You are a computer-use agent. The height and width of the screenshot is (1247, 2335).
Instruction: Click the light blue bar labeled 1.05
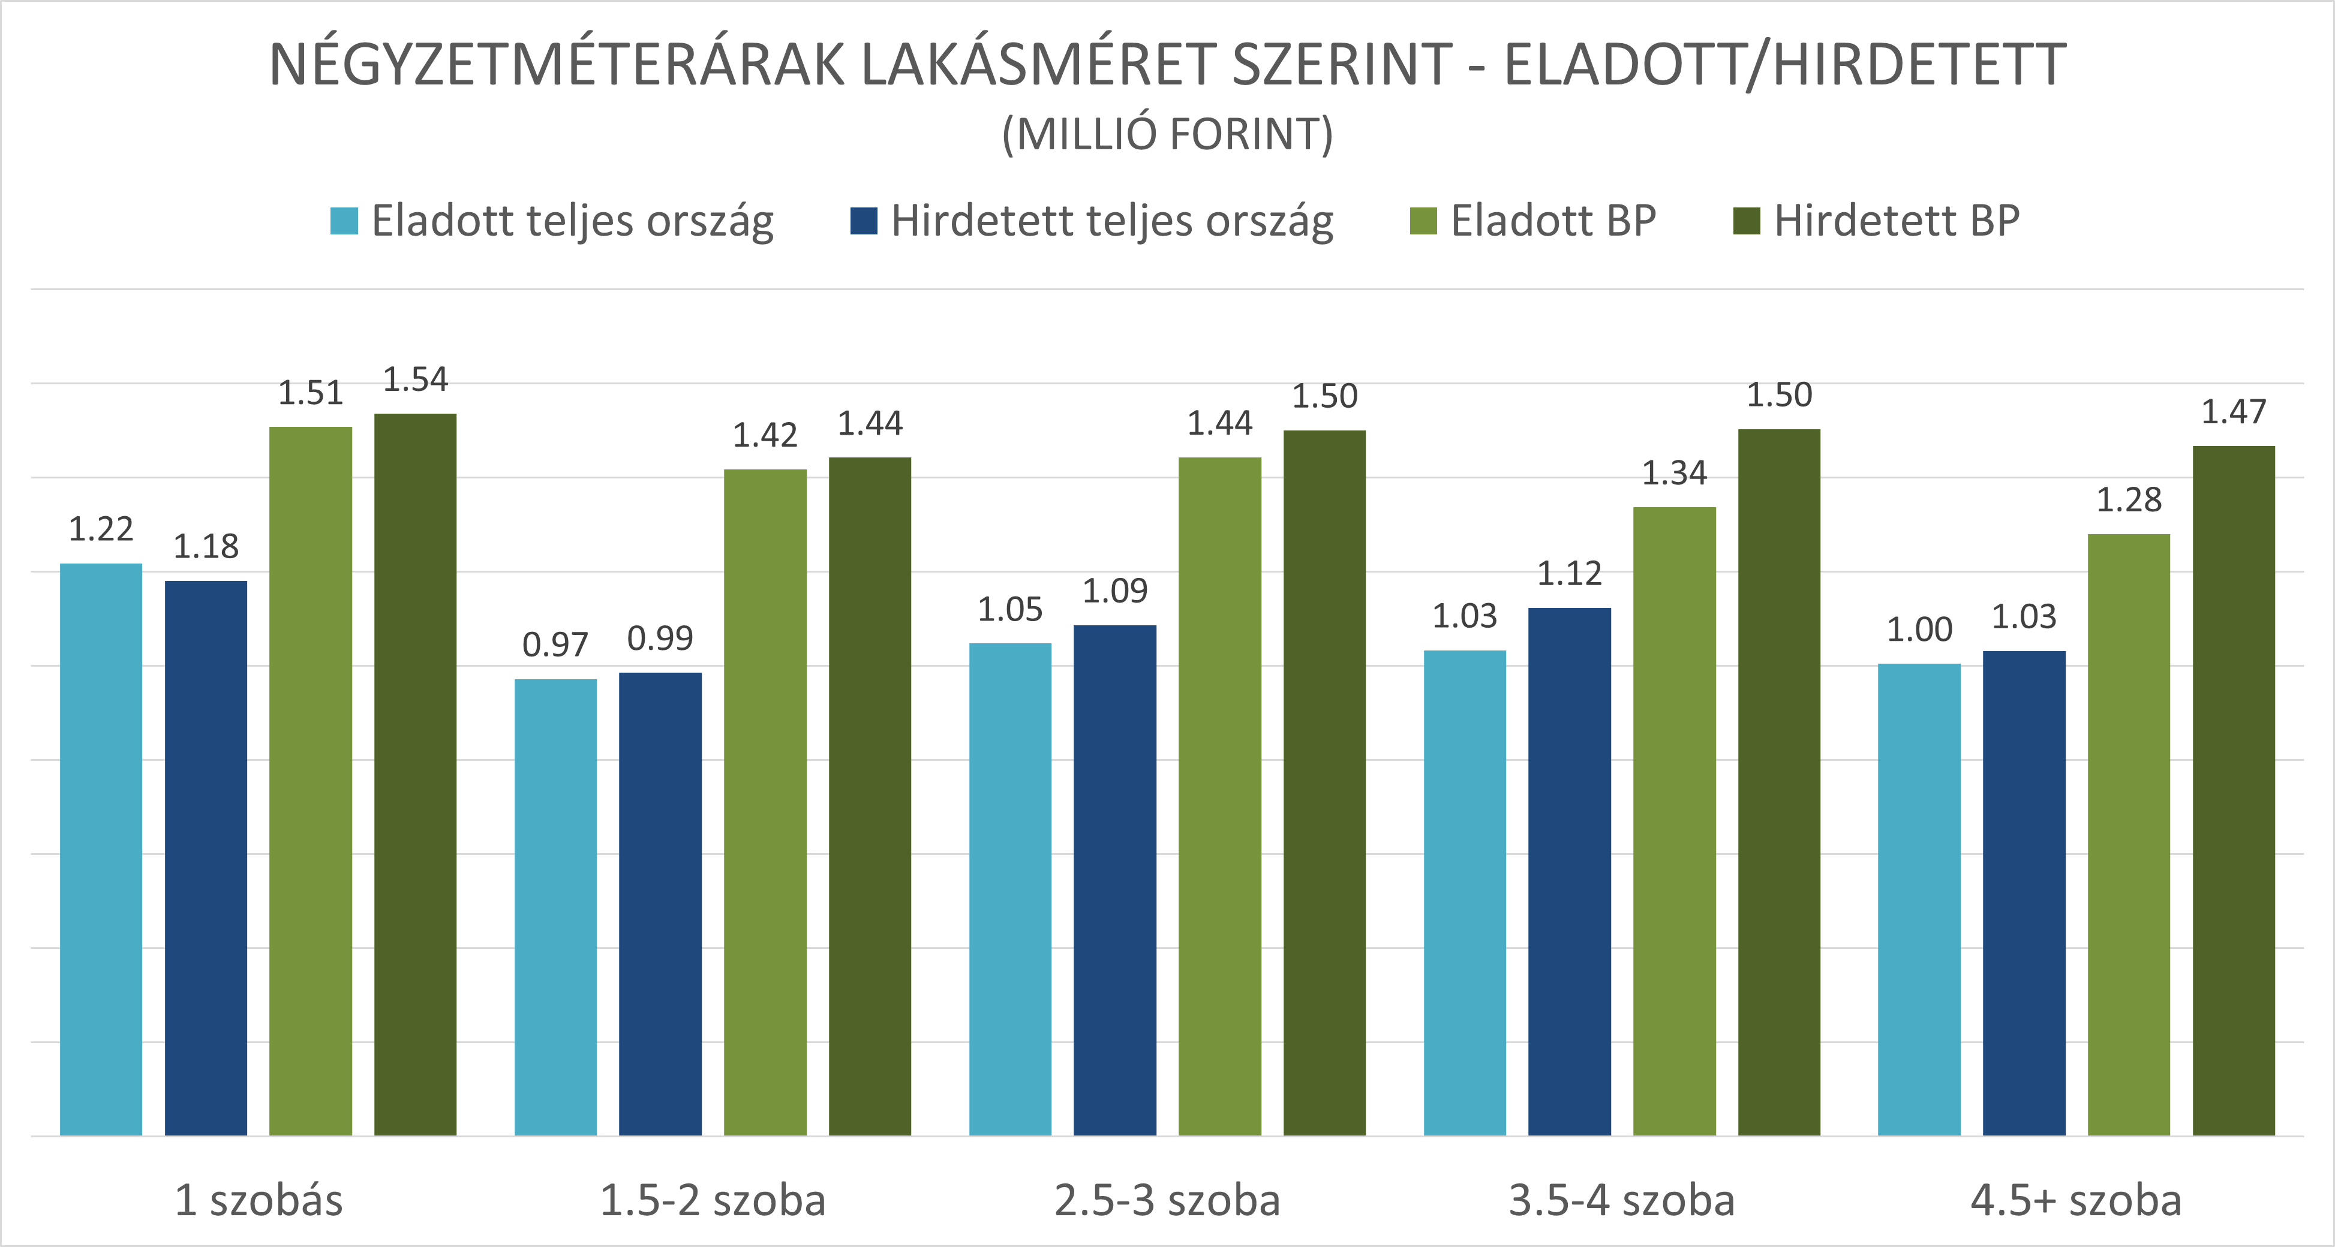pyautogui.click(x=1010, y=888)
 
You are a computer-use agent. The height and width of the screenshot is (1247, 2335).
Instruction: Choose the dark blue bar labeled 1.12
pyautogui.click(x=1569, y=870)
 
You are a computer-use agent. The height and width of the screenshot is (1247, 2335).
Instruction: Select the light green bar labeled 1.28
pyautogui.click(x=2128, y=834)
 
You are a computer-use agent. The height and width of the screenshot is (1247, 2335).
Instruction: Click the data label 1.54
pyautogui.click(x=415, y=379)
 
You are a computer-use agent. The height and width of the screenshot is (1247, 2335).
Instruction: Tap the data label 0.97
pyautogui.click(x=555, y=645)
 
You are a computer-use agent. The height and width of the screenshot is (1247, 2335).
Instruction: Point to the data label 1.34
pyautogui.click(x=1674, y=473)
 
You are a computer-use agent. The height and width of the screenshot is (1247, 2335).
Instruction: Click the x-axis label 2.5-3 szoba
pyautogui.click(x=1167, y=1201)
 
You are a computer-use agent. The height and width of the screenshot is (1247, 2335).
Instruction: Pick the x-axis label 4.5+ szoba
pyautogui.click(x=2076, y=1201)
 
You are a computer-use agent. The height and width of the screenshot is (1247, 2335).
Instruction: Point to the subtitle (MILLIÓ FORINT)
pyautogui.click(x=1167, y=135)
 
